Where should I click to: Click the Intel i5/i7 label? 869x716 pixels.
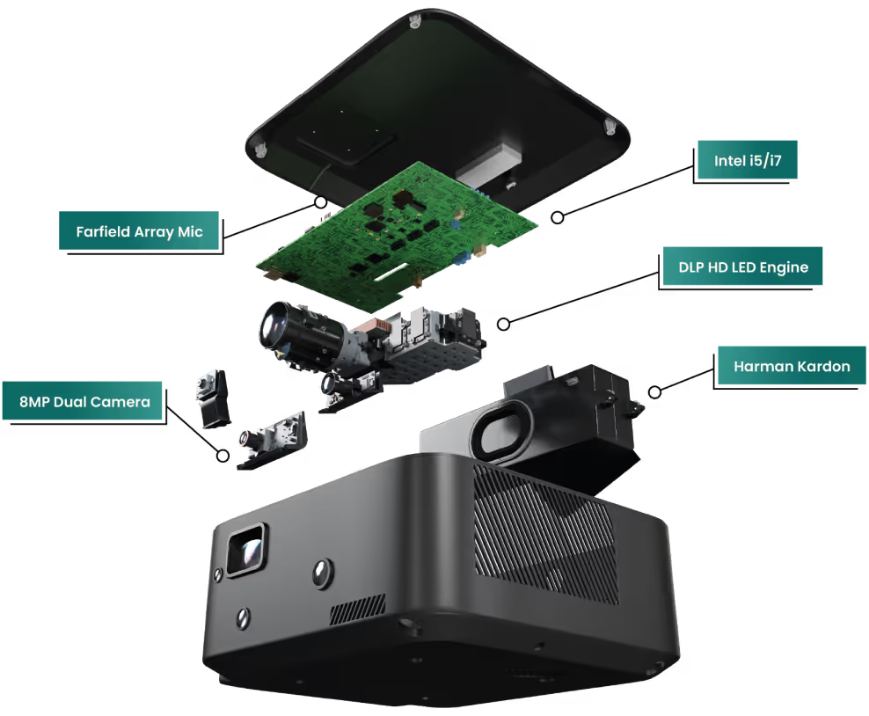coord(748,160)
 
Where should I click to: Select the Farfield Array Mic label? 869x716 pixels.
coord(139,232)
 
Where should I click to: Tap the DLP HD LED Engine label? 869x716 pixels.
coord(742,267)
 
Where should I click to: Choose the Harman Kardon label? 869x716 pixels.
coord(791,366)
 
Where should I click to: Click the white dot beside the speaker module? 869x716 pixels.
coord(654,392)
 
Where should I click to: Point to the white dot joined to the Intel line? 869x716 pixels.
coord(558,217)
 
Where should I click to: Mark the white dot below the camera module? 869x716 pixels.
coord(223,456)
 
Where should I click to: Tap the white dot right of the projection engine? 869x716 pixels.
coord(503,325)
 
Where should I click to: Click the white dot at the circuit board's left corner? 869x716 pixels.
coord(321,202)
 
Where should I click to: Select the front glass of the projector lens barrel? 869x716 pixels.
coord(275,326)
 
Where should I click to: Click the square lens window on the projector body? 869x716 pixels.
coord(246,549)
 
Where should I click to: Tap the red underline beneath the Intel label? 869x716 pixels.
coord(774,186)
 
